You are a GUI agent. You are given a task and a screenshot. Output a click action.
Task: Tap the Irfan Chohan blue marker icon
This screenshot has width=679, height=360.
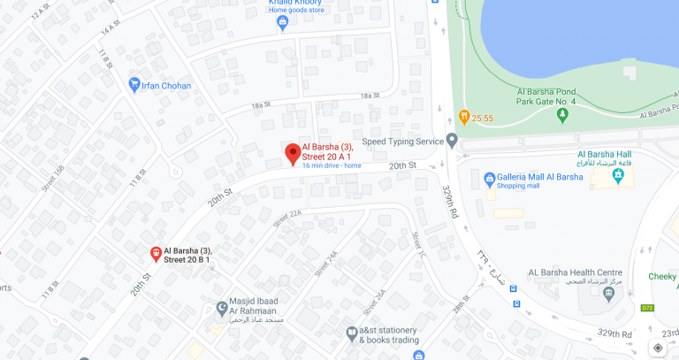pos(134,84)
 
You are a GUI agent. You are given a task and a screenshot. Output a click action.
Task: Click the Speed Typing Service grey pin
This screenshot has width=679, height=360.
pos(452,140)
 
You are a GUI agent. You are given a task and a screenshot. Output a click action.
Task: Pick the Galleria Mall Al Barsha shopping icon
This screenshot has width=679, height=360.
pos(488,180)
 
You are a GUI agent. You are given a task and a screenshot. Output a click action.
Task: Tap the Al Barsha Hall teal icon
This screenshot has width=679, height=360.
pos(618,178)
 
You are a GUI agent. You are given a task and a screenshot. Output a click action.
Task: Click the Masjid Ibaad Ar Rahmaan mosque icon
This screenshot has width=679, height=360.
pos(222,309)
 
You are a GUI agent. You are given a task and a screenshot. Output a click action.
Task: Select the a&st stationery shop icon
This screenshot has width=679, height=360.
pos(351,333)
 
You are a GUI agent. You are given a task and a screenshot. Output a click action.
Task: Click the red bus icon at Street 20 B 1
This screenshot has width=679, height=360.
pos(155,254)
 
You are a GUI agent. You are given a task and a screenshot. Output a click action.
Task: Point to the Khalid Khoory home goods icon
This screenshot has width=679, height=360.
pos(283,23)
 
